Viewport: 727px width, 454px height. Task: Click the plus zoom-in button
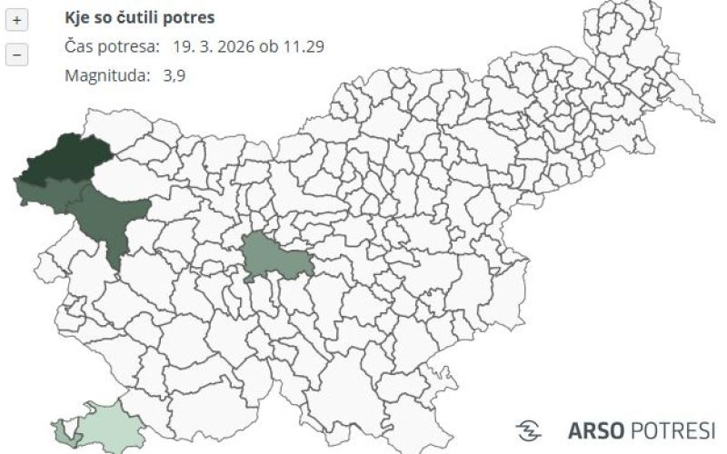click(17, 19)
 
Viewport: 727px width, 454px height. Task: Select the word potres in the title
click(192, 17)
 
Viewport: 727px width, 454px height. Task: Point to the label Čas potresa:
click(113, 45)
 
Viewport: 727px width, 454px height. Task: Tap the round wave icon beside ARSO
click(529, 429)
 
